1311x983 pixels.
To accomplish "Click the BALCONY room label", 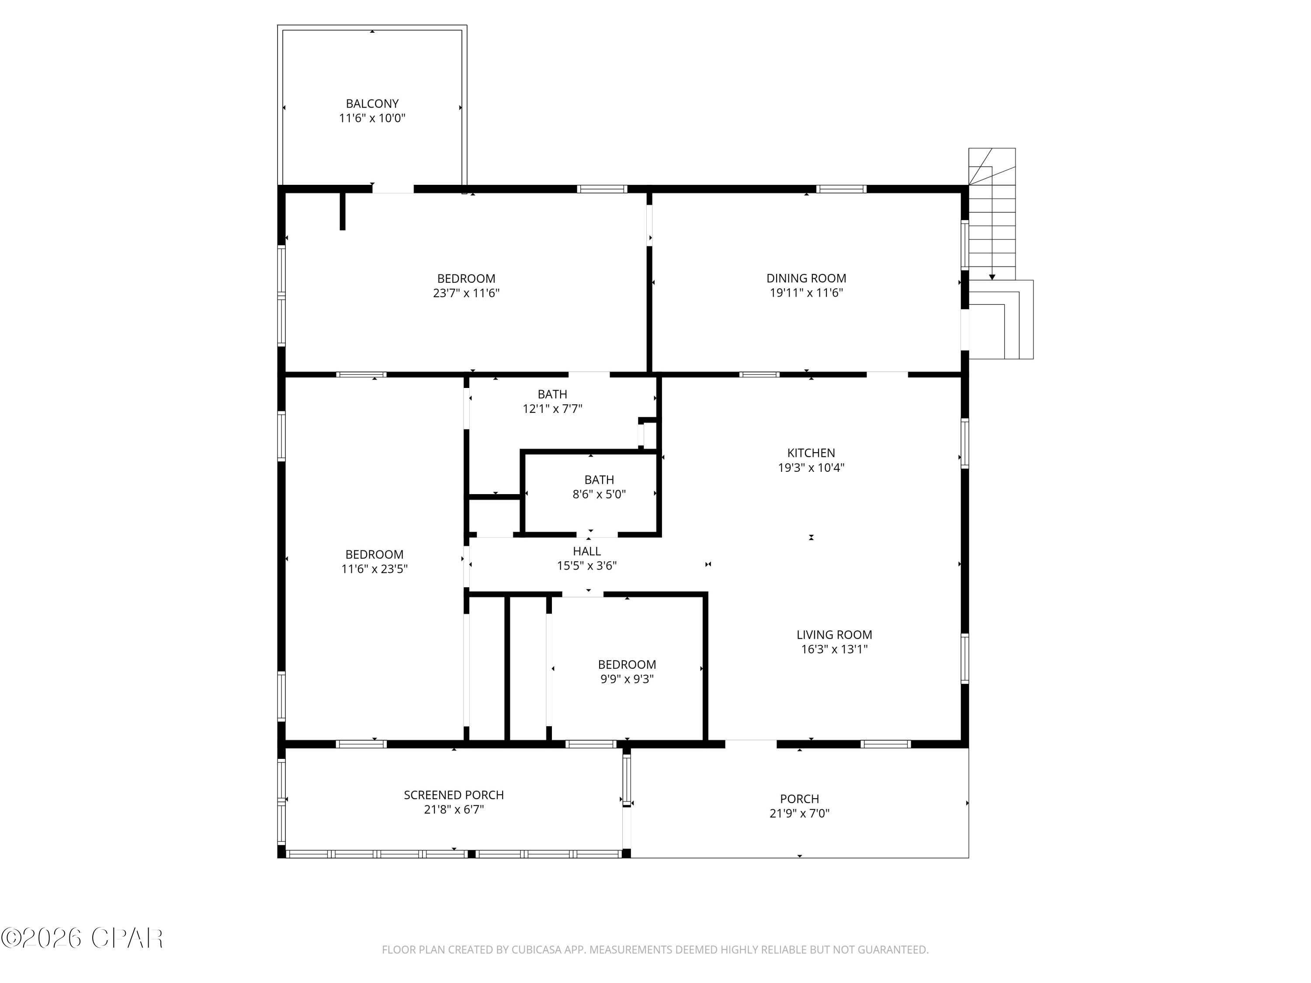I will [372, 104].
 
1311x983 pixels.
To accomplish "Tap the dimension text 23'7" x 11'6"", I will [466, 293].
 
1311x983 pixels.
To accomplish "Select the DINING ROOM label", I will [806, 278].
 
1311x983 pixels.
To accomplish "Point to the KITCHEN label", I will [811, 453].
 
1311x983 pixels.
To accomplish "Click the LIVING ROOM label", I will [834, 635].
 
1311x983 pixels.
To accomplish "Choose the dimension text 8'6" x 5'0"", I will [599, 495].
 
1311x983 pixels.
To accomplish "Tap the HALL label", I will [587, 551].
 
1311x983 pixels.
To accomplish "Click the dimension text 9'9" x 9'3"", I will [627, 679].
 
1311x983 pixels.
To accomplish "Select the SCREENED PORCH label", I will [454, 795].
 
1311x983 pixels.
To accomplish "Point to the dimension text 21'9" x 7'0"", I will [799, 813].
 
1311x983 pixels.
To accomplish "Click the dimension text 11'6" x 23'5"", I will [374, 569].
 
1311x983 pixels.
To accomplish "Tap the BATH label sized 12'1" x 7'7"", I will [552, 394].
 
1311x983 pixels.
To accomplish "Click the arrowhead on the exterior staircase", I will [992, 277].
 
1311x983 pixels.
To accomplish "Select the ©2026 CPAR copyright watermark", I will [82, 938].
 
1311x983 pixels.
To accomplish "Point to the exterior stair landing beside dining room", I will [1002, 320].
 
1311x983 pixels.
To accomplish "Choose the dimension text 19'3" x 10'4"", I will [811, 467].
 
